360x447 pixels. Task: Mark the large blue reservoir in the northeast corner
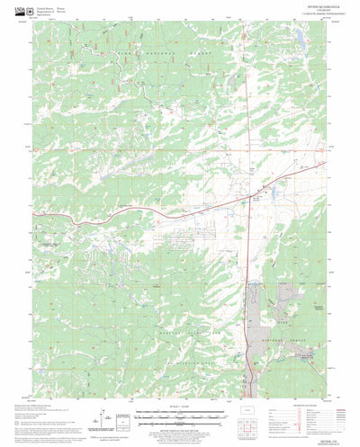294,39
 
